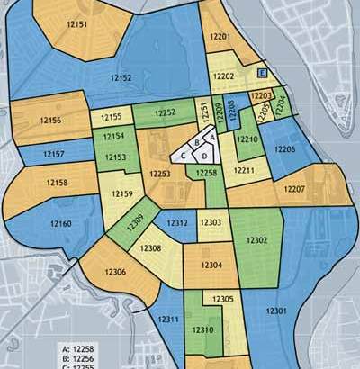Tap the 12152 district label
click(x=119, y=79)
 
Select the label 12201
click(x=220, y=36)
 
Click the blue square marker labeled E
click(x=262, y=73)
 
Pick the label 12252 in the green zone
click(x=165, y=113)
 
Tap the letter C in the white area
click(x=184, y=155)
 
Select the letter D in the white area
click(x=205, y=157)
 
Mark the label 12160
click(x=60, y=223)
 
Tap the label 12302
click(x=256, y=241)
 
